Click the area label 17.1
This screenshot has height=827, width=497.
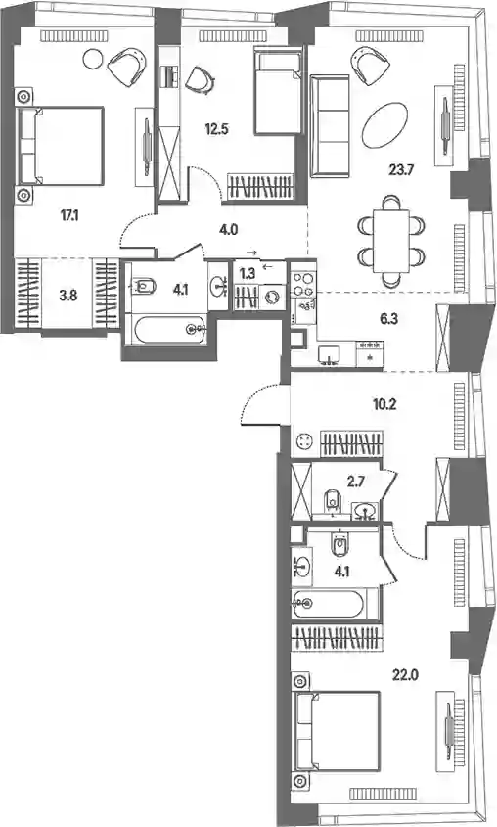pyautogui.click(x=68, y=215)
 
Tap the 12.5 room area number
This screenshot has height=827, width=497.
pyautogui.click(x=216, y=129)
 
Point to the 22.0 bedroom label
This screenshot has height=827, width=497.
pyautogui.click(x=407, y=674)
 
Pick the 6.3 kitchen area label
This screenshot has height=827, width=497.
pyautogui.click(x=387, y=320)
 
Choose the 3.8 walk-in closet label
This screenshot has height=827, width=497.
pyautogui.click(x=68, y=296)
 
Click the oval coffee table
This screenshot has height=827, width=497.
pyautogui.click(x=384, y=125)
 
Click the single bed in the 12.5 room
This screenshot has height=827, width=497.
pyautogui.click(x=278, y=91)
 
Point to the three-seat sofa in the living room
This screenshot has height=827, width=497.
pyautogui.click(x=331, y=126)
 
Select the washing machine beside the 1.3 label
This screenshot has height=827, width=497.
pyautogui.click(x=274, y=297)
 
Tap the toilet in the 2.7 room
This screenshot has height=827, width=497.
pyautogui.click(x=332, y=499)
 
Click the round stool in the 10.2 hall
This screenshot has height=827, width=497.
pyautogui.click(x=304, y=441)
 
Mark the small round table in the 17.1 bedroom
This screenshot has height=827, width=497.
pyautogui.click(x=93, y=58)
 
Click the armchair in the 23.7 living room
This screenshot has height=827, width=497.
pyautogui.click(x=367, y=64)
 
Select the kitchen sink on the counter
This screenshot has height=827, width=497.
pyautogui.click(x=331, y=355)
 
